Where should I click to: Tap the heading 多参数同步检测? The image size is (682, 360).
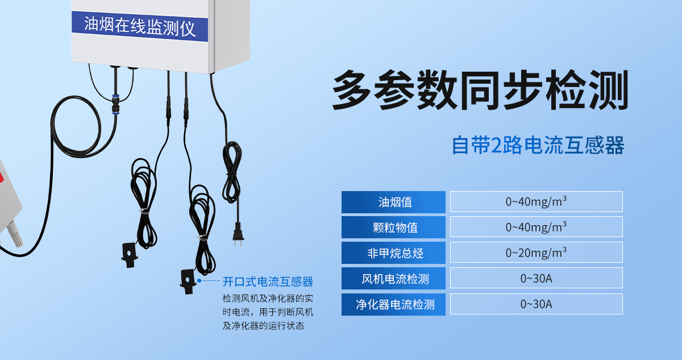[480, 90]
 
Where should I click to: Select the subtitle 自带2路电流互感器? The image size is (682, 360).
[538, 145]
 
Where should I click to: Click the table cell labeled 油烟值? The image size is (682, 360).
[393, 202]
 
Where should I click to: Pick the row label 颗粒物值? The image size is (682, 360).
[393, 227]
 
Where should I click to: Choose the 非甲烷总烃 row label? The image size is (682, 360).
[393, 253]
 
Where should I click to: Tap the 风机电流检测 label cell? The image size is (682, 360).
[393, 279]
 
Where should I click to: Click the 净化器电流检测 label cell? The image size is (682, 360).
[393, 304]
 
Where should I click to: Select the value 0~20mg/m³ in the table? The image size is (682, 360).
[536, 253]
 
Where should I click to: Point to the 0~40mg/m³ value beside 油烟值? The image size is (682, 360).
[536, 202]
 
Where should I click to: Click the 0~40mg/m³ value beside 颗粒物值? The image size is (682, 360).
[536, 227]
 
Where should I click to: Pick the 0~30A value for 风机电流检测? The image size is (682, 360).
[536, 279]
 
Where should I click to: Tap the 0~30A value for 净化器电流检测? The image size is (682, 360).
[536, 304]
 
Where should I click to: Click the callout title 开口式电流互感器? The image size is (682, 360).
[268, 282]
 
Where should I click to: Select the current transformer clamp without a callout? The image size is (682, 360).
[130, 251]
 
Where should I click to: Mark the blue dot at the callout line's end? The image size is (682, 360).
[199, 281]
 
